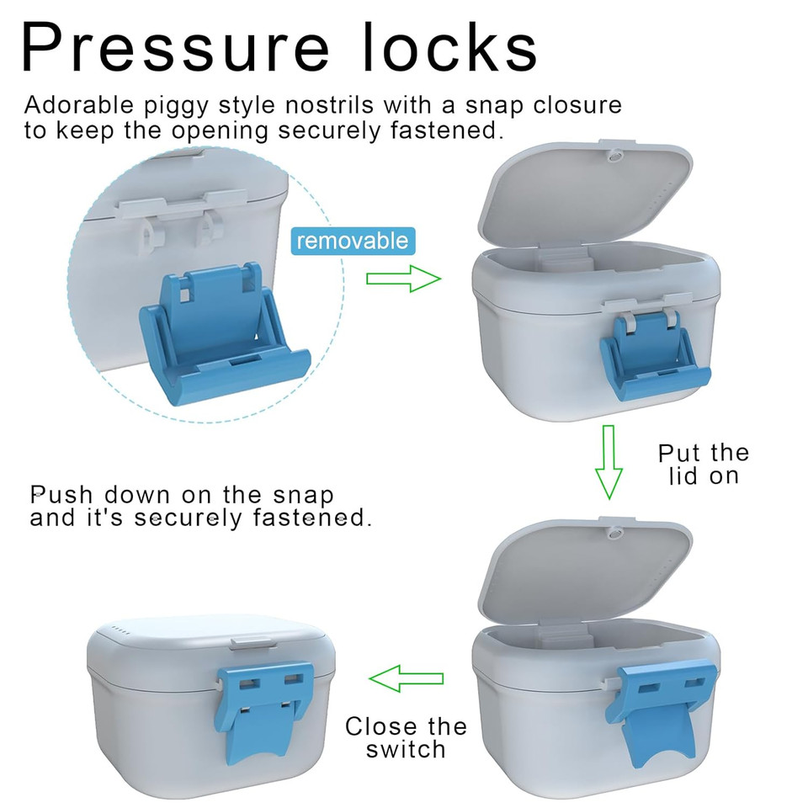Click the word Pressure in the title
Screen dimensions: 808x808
click(x=175, y=47)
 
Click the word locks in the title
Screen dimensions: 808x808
click(x=450, y=47)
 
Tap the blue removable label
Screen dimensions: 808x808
click(x=353, y=241)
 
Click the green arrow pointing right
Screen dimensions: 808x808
click(x=403, y=279)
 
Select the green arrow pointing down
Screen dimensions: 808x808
click(x=609, y=462)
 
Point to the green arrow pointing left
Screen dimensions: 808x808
click(x=407, y=678)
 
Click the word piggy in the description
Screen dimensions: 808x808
click(x=176, y=106)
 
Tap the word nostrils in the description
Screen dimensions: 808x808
click(x=329, y=104)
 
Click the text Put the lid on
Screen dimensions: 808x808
click(x=704, y=464)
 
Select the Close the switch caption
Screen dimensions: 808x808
click(x=406, y=737)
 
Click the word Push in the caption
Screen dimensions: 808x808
click(x=61, y=495)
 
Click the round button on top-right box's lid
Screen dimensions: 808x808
click(x=614, y=156)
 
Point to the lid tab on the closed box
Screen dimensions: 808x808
click(x=252, y=642)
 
